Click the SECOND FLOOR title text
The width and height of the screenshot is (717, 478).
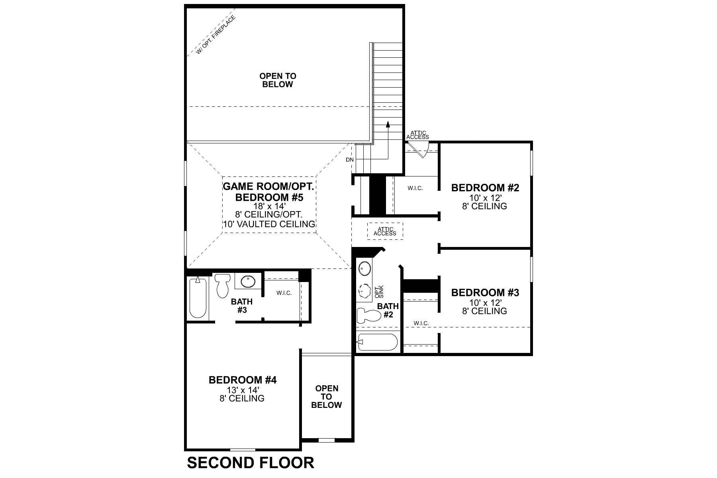pyautogui.click(x=251, y=462)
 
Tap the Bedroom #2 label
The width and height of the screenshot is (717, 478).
pyautogui.click(x=485, y=188)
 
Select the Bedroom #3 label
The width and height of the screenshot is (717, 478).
pyautogui.click(x=485, y=293)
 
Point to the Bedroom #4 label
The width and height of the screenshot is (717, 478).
pyautogui.click(x=242, y=380)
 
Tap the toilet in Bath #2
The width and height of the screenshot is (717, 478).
pyautogui.click(x=367, y=315)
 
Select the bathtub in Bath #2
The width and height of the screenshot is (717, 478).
pyautogui.click(x=377, y=342)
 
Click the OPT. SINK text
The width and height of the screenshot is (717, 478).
pyautogui.click(x=379, y=292)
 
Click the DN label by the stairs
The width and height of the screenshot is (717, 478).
pyautogui.click(x=349, y=160)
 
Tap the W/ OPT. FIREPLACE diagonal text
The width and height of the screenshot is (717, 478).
pyautogui.click(x=216, y=34)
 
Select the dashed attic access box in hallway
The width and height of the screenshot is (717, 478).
pyautogui.click(x=385, y=231)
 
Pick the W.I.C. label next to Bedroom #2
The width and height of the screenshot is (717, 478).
pyautogui.click(x=415, y=188)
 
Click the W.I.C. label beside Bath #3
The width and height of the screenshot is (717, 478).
pyautogui.click(x=284, y=293)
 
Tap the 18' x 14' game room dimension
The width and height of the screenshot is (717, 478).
pyautogui.click(x=269, y=206)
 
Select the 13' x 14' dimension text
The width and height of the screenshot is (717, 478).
pyautogui.click(x=242, y=390)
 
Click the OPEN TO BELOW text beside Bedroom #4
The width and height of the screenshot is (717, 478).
pyautogui.click(x=326, y=396)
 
